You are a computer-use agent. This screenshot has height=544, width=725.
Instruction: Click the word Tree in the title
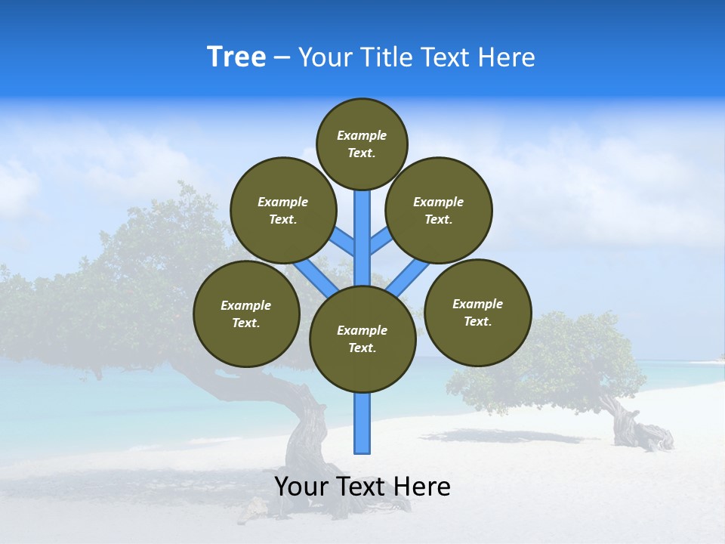click(x=236, y=57)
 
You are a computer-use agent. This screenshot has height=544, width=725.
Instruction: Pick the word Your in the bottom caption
click(x=301, y=487)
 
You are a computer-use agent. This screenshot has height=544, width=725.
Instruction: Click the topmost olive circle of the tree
click(x=362, y=144)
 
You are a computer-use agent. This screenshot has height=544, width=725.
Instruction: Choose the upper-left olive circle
click(x=283, y=210)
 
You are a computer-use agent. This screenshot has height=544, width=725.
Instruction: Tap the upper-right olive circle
click(x=439, y=210)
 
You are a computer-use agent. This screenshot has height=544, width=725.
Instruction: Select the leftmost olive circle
click(x=246, y=314)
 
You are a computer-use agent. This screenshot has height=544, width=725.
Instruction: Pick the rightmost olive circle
click(x=478, y=312)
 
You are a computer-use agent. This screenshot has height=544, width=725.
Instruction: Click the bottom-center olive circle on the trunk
click(x=362, y=339)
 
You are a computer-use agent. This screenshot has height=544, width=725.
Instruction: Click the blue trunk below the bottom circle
click(x=362, y=423)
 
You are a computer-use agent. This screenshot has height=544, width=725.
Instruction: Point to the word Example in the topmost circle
click(x=362, y=136)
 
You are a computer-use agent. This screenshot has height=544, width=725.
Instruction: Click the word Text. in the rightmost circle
click(x=477, y=321)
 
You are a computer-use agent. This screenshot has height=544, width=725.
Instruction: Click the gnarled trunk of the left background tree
click(x=306, y=431)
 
